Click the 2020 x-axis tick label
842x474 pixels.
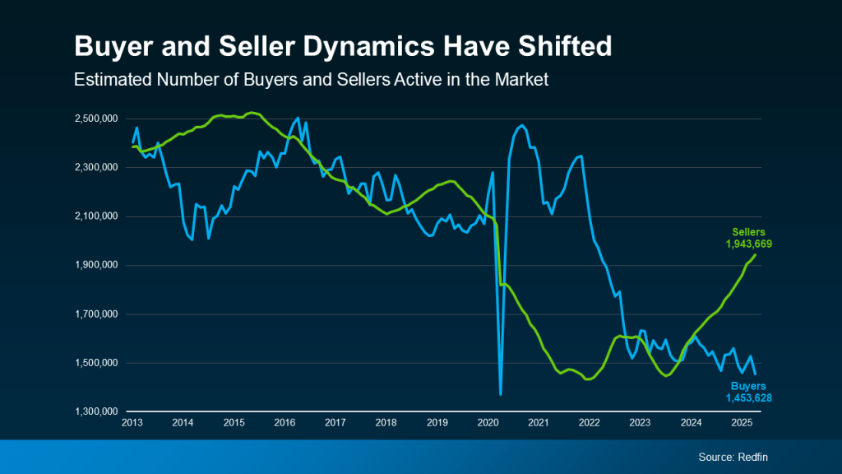tap(488, 423)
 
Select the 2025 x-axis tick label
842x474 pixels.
tap(743, 423)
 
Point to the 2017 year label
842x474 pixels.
tap(335, 423)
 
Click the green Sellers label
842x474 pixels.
tap(748, 233)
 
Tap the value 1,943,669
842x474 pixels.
tap(748, 244)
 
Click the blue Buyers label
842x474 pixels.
tap(748, 386)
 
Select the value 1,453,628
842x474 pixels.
tap(748, 397)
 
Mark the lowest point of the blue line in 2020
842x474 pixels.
tap(501, 394)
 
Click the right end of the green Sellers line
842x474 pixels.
tap(756, 255)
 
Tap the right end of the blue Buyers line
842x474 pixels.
tap(756, 374)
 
